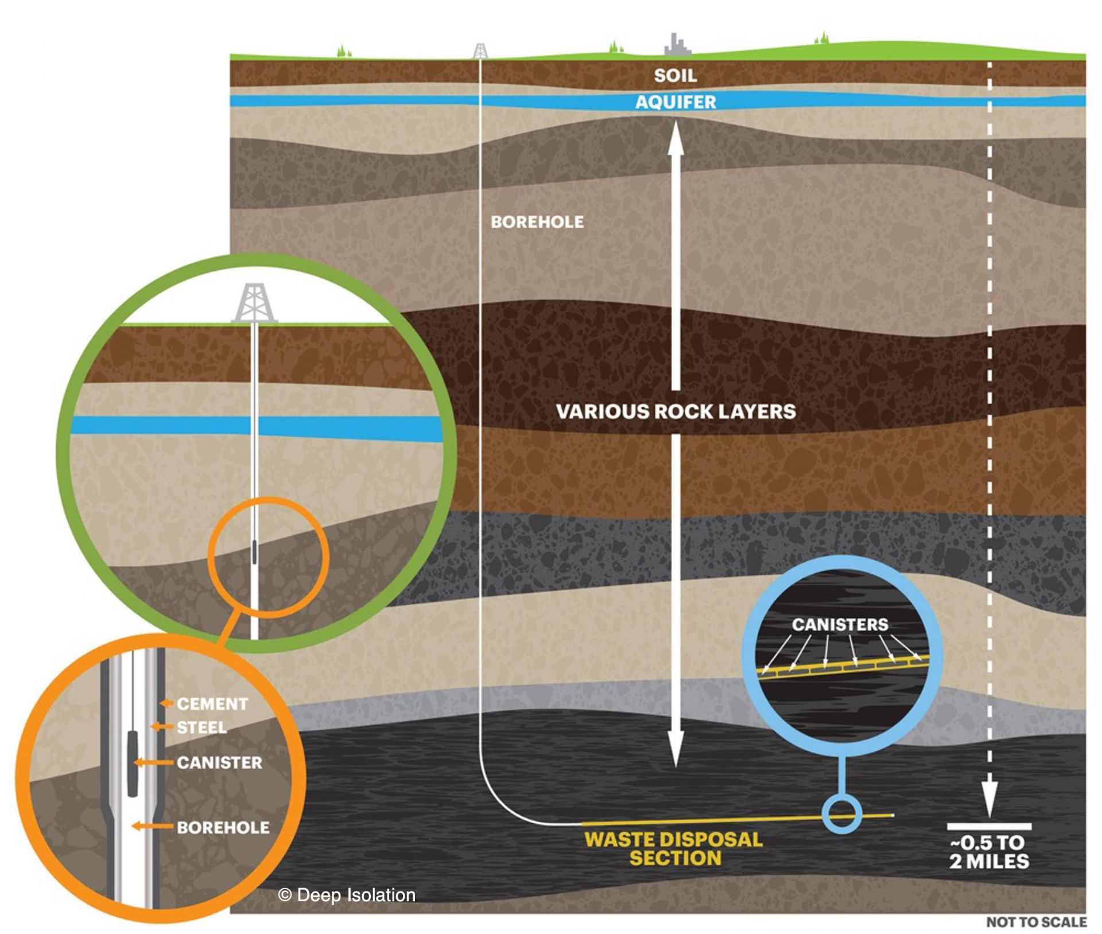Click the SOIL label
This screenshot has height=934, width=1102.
pos(675,75)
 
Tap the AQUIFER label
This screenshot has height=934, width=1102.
pos(676,102)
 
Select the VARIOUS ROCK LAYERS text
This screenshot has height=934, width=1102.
pos(676,411)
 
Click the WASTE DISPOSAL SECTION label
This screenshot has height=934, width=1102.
pos(674,849)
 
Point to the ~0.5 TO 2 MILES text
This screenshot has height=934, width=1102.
pos(988,852)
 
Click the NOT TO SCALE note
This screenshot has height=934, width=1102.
pos(1036,922)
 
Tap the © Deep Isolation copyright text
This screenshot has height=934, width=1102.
pos(346,895)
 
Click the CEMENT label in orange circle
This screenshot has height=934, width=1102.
pos(212,704)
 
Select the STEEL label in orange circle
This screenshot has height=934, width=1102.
pos(201,728)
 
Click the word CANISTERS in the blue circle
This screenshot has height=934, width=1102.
pos(840,624)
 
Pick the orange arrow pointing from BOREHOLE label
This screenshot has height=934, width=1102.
pos(152,826)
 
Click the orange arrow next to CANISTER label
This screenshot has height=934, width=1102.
pos(153,762)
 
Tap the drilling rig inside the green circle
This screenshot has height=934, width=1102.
pos(254,303)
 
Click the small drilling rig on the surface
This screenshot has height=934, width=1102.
pos(480,50)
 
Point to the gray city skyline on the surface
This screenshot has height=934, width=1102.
pos(677,45)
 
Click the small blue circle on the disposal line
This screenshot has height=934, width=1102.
pos(842,814)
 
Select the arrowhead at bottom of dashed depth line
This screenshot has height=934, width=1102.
pos(989,798)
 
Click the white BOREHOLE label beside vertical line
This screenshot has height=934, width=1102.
pos(537,222)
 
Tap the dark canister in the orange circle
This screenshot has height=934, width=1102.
pos(133,763)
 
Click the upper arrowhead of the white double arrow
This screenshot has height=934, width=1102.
pos(676,138)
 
